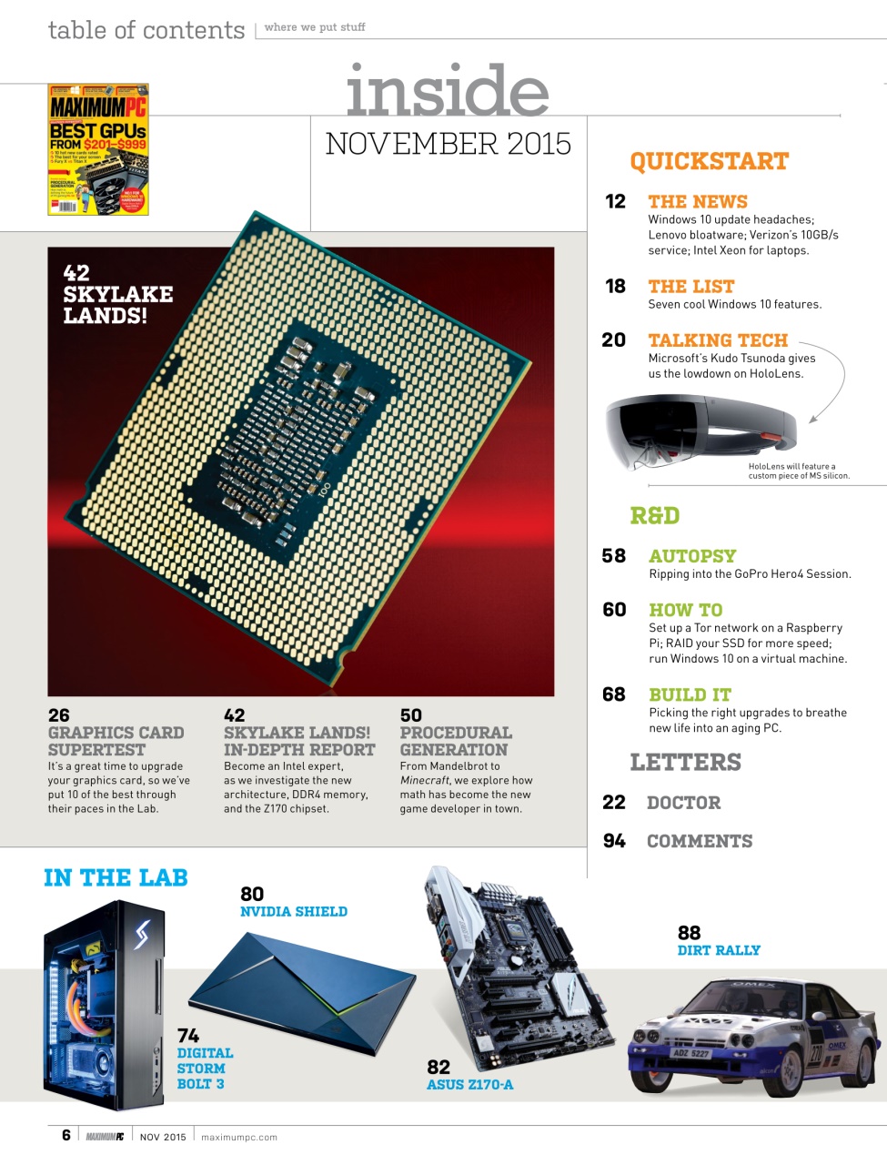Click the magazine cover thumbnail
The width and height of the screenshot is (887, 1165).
(x=98, y=149)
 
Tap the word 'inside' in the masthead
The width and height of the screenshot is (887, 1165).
(x=447, y=91)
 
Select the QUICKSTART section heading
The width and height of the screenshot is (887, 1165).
(x=709, y=162)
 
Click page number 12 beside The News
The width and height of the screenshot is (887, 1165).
(x=615, y=202)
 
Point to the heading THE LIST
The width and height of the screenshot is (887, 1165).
(x=690, y=287)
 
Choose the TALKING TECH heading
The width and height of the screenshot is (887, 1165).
(x=717, y=340)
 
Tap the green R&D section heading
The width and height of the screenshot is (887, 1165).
(x=655, y=516)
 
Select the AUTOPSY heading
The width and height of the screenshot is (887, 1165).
(x=692, y=556)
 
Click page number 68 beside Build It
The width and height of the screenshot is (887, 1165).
(x=614, y=694)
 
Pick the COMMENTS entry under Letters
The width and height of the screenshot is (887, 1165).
(x=699, y=842)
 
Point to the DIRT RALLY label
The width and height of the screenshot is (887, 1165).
(x=719, y=950)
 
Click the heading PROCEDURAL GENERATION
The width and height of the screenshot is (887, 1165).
(x=455, y=742)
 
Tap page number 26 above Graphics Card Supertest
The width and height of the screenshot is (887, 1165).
(x=58, y=715)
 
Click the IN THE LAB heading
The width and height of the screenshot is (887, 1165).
(x=116, y=878)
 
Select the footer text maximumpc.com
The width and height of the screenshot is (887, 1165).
(x=238, y=1137)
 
